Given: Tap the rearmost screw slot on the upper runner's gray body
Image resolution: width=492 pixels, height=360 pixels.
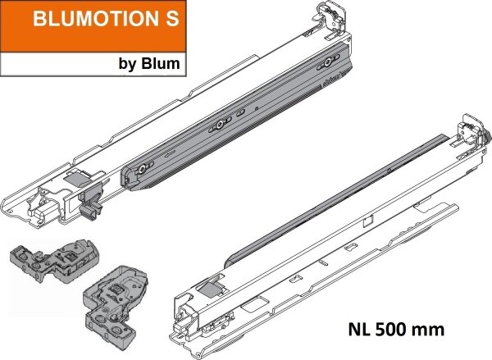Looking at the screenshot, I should coord(330,62).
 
